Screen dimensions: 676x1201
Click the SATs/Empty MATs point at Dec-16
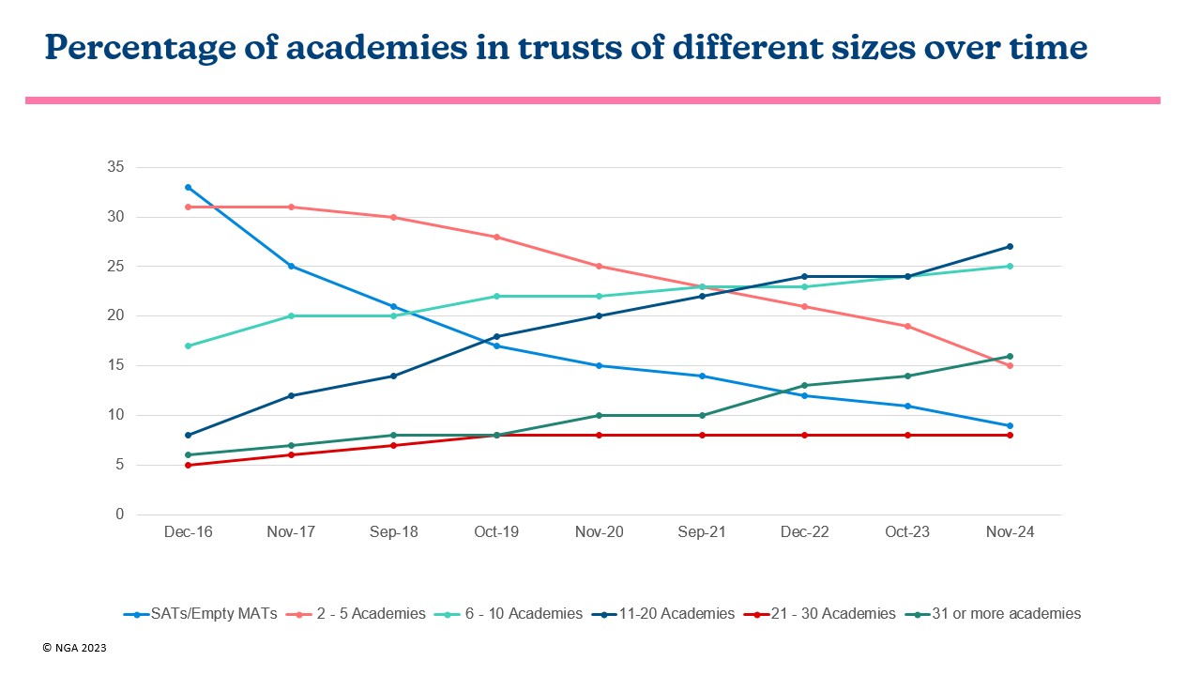189,187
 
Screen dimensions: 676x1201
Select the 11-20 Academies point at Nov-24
1010,247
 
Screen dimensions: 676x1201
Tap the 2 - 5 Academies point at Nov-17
291,207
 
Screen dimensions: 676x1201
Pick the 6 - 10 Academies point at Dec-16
189,346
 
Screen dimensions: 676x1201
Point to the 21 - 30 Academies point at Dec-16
189,465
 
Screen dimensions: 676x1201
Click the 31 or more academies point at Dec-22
804,385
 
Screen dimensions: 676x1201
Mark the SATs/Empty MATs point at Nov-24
1010,425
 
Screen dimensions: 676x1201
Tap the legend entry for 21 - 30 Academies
820,614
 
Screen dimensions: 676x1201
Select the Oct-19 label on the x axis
496,532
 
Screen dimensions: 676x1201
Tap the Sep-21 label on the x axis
702,532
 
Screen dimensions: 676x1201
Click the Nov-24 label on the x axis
1010,532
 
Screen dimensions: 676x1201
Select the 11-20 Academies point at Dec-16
189,435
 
